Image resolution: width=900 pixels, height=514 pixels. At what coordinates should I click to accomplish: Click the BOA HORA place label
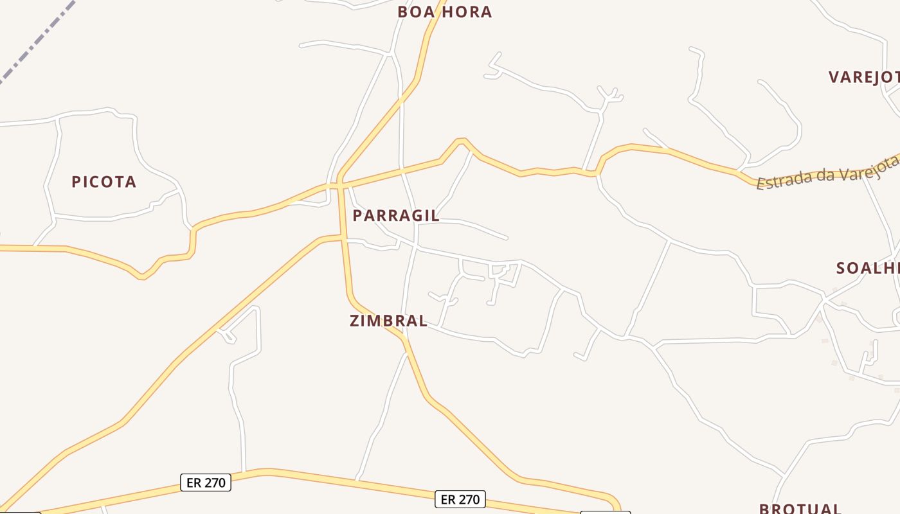click(x=444, y=12)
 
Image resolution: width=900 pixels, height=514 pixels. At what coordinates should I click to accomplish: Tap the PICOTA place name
click(x=104, y=182)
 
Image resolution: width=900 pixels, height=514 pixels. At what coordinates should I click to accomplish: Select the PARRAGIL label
click(x=396, y=216)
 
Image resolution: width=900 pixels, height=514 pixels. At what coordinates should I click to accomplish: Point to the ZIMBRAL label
click(x=388, y=321)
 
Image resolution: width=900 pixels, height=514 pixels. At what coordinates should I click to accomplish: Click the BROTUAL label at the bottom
click(x=800, y=508)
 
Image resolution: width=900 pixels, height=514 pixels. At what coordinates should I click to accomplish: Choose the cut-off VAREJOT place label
click(x=863, y=78)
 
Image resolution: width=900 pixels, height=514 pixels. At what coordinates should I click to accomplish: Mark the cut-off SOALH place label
click(x=867, y=268)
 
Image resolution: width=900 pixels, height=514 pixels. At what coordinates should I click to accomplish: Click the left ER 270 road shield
click(x=206, y=483)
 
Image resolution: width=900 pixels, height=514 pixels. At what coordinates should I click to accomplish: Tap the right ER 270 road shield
click(x=460, y=499)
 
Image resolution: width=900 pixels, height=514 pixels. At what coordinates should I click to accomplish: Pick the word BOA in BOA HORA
click(x=413, y=12)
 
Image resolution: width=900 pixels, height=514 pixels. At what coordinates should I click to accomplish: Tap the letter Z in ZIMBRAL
click(x=355, y=321)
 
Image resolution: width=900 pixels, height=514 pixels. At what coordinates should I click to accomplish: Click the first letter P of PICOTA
click(x=76, y=182)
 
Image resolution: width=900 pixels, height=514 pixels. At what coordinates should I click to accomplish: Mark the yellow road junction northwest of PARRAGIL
click(x=339, y=185)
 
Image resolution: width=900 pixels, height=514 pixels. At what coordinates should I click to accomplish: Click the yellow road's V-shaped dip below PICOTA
click(x=144, y=276)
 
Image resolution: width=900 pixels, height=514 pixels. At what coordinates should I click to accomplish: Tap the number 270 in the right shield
click(x=469, y=499)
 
